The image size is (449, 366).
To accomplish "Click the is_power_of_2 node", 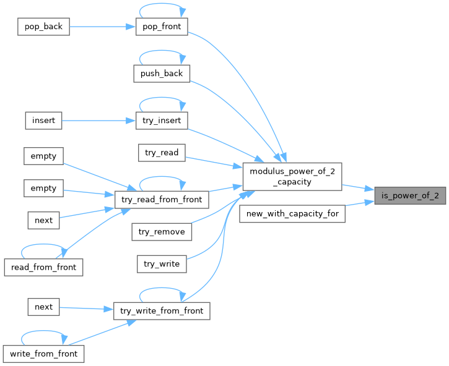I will coord(410,196).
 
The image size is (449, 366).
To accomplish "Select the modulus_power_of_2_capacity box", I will coord(292,176).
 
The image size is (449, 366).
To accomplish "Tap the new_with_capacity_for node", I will coord(292,215).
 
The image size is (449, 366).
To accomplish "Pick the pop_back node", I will coord(44,27).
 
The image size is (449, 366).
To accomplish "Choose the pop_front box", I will coord(162,27).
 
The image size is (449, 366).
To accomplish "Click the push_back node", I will coord(161,74).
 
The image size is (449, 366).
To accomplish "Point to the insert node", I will coord(44,120).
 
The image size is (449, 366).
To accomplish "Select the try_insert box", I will coord(162,120).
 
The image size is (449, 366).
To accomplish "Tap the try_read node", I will coord(162,152).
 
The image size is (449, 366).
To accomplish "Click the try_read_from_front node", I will coord(162,200).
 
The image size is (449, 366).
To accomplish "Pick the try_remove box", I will coord(162,231).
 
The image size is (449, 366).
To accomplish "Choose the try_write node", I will coord(162,263).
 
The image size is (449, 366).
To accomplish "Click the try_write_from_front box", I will coord(162,310).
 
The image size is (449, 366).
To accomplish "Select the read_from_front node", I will coord(43,267).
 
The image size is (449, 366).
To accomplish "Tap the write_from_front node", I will coord(43,354).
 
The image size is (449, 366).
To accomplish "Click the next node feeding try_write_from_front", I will coord(44,307).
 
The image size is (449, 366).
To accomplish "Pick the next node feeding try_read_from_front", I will coord(44,220).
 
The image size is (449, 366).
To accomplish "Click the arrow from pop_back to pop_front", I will coord(99,27).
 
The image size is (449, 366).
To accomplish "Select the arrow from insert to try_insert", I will coord(99,120).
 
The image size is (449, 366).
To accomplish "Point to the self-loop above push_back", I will coord(161,53).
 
